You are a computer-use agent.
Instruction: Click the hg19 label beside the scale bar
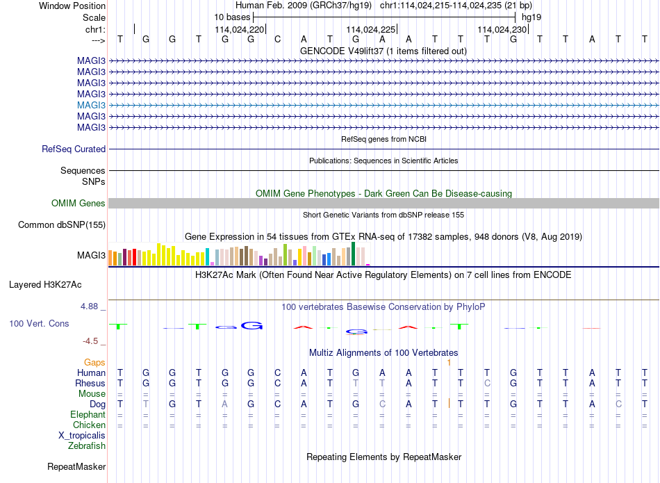pos(531,17)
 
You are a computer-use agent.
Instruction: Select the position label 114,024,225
pos(371,29)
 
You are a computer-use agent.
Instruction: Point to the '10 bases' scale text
pos(232,17)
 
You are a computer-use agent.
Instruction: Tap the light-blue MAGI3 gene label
pos(91,105)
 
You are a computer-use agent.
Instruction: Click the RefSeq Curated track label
pos(74,149)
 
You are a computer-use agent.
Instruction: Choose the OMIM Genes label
pos(79,204)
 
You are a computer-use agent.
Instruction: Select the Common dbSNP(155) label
pos(62,225)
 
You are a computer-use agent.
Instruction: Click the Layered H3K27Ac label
pos(45,285)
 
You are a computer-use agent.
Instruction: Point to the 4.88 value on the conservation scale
pos(90,306)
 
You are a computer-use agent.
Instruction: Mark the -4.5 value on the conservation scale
pos(90,341)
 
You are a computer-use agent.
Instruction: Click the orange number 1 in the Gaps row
pos(449,363)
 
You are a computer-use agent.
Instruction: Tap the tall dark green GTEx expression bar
pos(354,254)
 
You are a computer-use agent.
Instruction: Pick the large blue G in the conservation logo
pos(251,325)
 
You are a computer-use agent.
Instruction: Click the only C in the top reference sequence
pos(277,39)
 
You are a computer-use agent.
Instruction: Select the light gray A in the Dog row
pos(225,404)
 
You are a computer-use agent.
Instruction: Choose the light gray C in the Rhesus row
pos(487,383)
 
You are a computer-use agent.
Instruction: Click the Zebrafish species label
pos(87,445)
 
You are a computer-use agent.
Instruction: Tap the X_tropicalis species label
pos(82,436)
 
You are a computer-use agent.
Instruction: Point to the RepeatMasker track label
pos(76,466)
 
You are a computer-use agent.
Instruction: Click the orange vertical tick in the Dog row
pos(449,403)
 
